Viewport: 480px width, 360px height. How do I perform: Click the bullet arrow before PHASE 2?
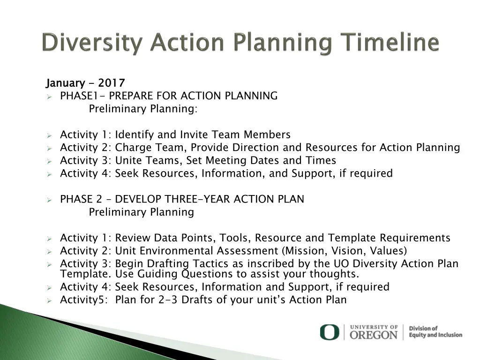[49, 200]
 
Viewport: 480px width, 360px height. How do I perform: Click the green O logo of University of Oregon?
[329, 332]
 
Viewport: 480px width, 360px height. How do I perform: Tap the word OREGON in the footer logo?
[374, 335]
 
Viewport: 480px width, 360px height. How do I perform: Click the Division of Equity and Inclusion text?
[435, 332]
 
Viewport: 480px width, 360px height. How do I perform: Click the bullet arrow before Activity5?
[49, 300]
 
